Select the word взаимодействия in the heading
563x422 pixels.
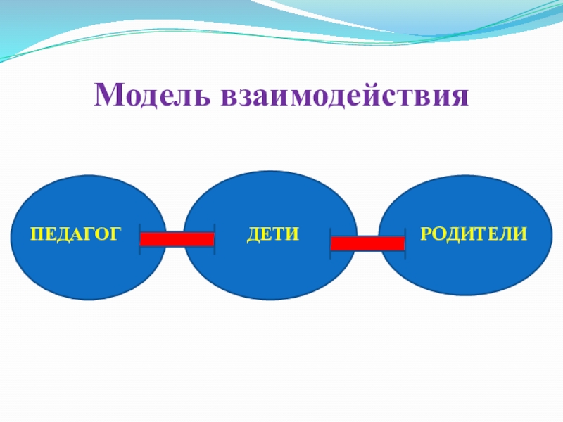tap(345, 95)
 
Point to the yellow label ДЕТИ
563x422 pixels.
tap(273, 233)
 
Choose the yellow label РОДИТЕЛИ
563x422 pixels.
tap(473, 233)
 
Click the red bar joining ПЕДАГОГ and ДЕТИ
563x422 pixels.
tap(177, 239)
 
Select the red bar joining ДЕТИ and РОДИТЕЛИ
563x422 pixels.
tap(367, 243)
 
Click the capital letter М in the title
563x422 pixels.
tap(106, 95)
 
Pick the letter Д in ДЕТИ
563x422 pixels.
tap(254, 233)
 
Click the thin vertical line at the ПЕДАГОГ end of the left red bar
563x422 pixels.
tap(139, 239)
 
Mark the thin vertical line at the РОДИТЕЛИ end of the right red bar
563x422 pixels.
tap(405, 243)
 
